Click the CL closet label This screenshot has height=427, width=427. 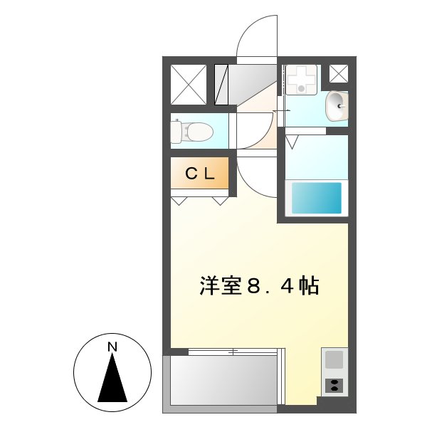(200, 173)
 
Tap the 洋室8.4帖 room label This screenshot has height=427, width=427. (258, 286)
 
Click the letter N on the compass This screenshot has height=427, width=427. (112, 347)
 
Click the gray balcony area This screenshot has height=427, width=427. (221, 381)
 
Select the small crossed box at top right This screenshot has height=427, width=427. (339, 73)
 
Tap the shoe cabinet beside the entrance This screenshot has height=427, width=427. (221, 85)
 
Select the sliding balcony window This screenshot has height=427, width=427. (235, 352)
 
